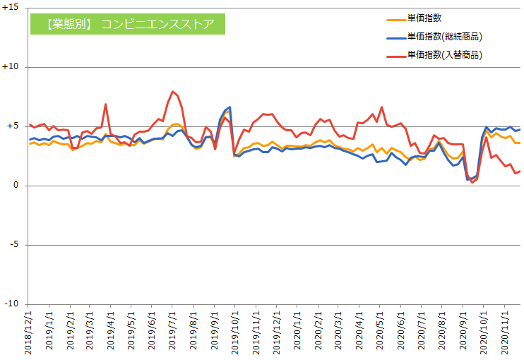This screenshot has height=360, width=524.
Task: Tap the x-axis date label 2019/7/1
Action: tap(172, 330)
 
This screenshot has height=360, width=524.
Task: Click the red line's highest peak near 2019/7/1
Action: tap(172, 91)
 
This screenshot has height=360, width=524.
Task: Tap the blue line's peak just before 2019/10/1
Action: tap(230, 107)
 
